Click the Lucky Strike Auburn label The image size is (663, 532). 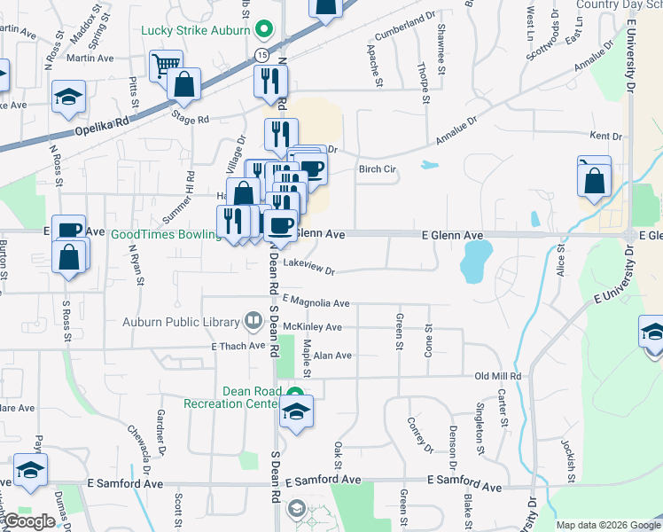(x=196, y=29)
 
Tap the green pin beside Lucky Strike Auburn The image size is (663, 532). (x=263, y=29)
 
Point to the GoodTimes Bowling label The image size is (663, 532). (x=166, y=234)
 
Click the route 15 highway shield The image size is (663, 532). (x=262, y=55)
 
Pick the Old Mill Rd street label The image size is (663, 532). (x=497, y=376)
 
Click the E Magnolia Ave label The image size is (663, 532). (x=316, y=303)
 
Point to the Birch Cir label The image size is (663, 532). (x=376, y=168)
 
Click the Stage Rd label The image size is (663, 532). (x=190, y=118)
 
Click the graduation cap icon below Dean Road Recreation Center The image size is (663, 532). (x=296, y=411)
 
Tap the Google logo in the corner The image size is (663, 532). (x=29, y=521)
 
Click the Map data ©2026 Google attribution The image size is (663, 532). (x=607, y=525)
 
